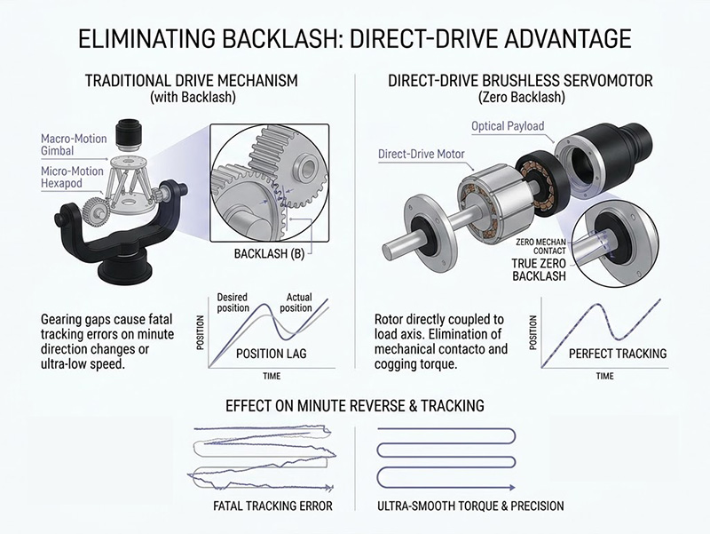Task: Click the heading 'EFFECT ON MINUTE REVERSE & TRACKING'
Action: (354, 406)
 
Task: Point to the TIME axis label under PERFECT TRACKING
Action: (604, 377)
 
